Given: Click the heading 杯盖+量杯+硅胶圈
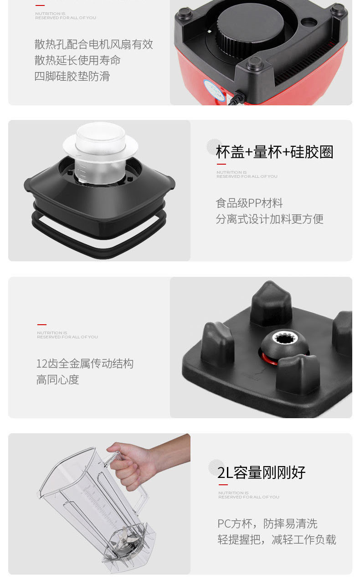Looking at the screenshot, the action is tap(274, 152).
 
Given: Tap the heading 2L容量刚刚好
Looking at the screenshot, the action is tap(261, 472).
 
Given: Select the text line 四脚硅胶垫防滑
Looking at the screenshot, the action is tap(72, 76).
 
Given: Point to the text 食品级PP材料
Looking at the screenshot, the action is tap(249, 203).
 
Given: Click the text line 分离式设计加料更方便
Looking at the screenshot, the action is tap(270, 219).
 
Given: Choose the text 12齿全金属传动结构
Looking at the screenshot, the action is tap(85, 363).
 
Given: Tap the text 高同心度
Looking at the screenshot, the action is tap(57, 380).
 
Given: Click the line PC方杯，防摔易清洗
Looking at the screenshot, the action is tap(267, 524).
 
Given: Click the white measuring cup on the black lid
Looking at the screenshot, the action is tap(100, 154).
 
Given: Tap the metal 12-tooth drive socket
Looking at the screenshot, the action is tap(284, 339).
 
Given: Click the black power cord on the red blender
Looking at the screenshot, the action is tap(237, 98).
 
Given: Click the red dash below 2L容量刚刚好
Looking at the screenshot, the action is tap(223, 485).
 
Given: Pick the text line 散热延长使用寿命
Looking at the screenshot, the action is tap(77, 60).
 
